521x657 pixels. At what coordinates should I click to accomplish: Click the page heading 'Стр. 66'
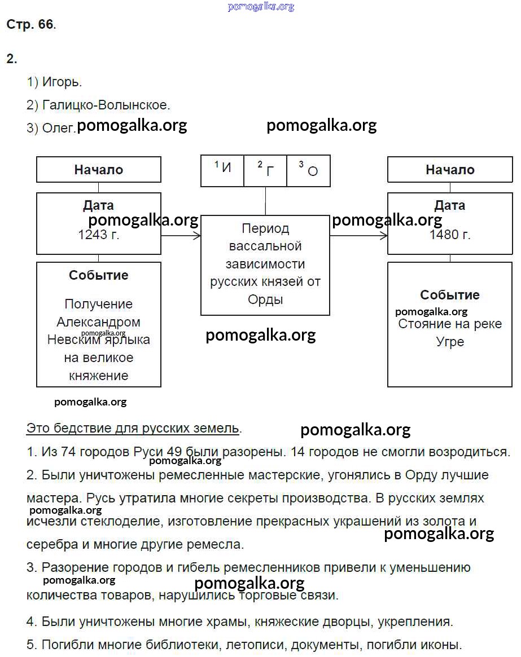[30, 24]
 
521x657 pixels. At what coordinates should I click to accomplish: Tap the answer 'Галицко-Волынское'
[106, 105]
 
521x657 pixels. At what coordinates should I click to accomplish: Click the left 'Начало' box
[99, 170]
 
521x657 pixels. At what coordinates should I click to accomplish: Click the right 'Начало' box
[450, 170]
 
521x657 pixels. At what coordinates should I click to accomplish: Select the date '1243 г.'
[99, 235]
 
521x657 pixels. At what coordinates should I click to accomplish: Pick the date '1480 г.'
[450, 235]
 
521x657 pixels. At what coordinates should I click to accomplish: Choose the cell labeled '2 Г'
[265, 169]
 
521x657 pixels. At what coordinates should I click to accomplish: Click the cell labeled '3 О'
[309, 169]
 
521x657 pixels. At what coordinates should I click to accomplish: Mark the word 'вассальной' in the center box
[265, 246]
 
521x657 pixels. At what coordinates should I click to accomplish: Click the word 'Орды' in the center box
[265, 299]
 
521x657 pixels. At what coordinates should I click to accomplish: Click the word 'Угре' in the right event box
[450, 342]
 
